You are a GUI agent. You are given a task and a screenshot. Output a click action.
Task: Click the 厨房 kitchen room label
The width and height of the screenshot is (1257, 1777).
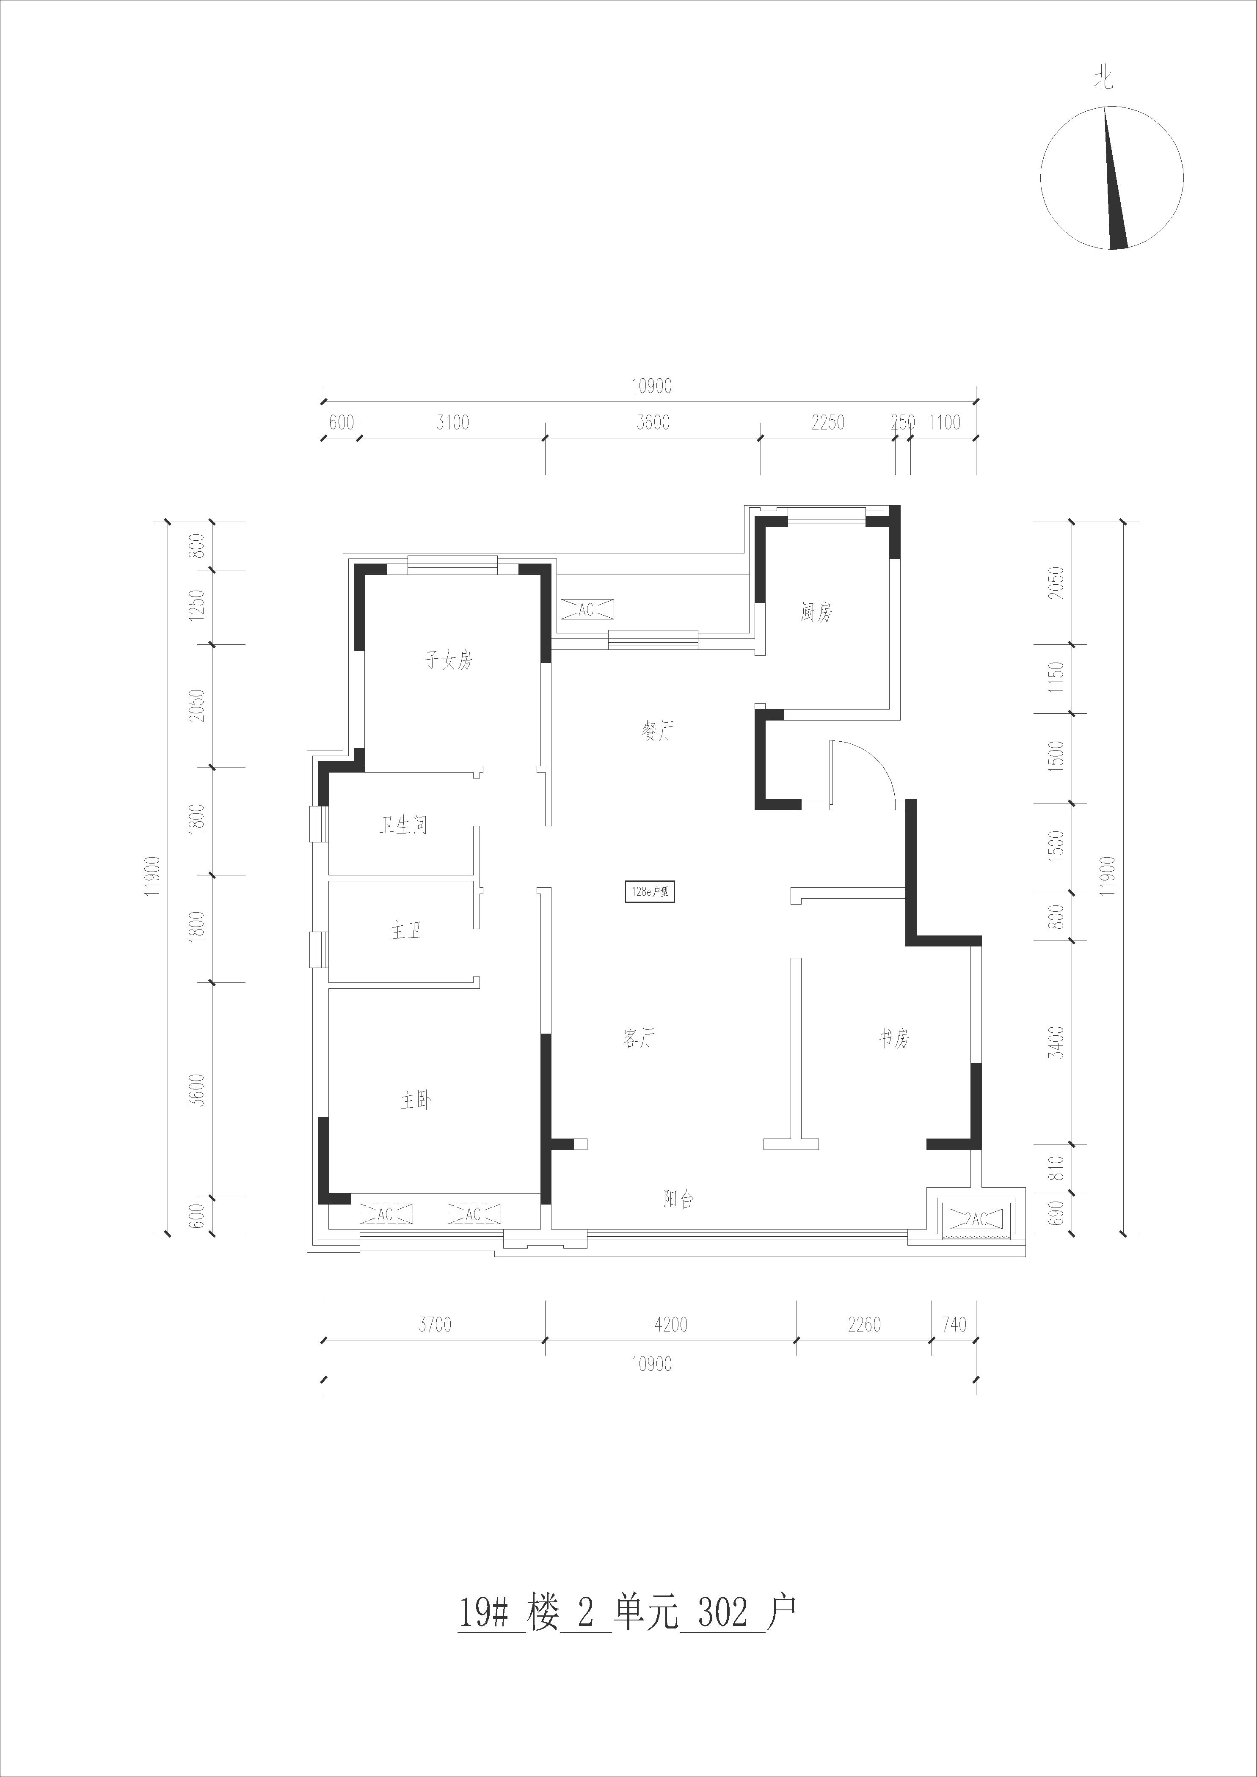816,613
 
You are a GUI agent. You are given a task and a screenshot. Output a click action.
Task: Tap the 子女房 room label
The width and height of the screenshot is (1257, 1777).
448,660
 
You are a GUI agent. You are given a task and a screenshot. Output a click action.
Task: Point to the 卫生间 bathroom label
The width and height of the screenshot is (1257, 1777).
403,826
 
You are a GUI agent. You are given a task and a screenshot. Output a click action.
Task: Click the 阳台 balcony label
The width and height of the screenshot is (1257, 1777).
678,1199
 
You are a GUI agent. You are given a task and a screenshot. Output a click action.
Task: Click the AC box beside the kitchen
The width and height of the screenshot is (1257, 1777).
586,610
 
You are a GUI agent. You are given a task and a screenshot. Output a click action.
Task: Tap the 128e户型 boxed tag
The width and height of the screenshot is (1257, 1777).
650,891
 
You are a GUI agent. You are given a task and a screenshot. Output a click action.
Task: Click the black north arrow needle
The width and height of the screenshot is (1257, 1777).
1114,179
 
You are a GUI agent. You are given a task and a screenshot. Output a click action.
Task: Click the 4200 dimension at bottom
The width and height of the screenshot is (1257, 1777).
670,1324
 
